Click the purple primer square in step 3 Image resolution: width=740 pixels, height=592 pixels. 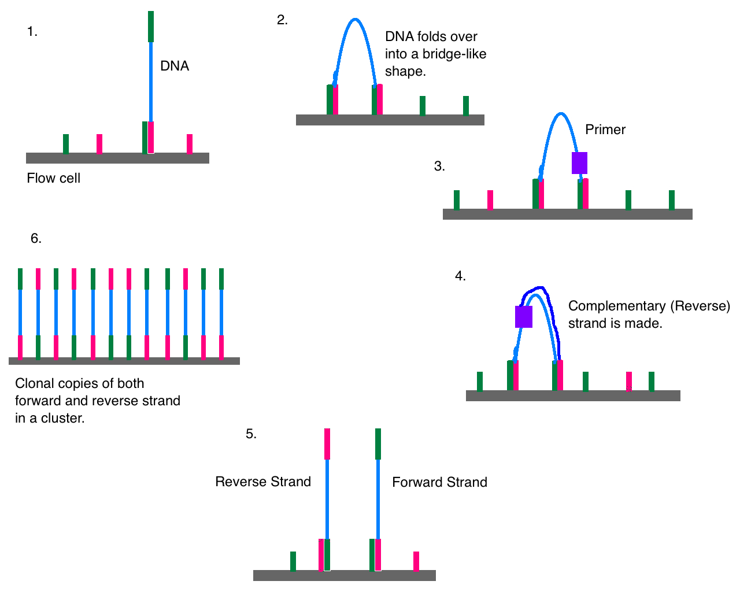click(579, 163)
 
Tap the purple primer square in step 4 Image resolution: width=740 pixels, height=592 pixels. click(524, 317)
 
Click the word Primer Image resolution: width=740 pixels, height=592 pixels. click(605, 129)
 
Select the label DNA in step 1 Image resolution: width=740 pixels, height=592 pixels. click(175, 66)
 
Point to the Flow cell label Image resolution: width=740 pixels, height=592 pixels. click(53, 178)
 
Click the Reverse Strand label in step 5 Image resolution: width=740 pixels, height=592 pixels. click(263, 482)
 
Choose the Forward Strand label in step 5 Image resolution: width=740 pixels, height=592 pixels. click(439, 482)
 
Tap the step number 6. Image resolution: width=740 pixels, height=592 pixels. click(36, 239)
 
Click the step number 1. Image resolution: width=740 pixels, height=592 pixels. click(32, 32)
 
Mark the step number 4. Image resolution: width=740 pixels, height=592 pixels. click(460, 276)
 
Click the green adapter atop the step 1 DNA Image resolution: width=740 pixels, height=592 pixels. click(151, 27)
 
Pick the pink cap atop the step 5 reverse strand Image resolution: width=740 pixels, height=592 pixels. click(327, 443)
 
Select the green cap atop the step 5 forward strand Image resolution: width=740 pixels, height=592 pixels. click(378, 443)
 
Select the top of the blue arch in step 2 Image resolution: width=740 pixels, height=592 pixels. click(355, 20)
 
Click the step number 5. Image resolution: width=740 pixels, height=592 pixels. click(251, 434)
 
